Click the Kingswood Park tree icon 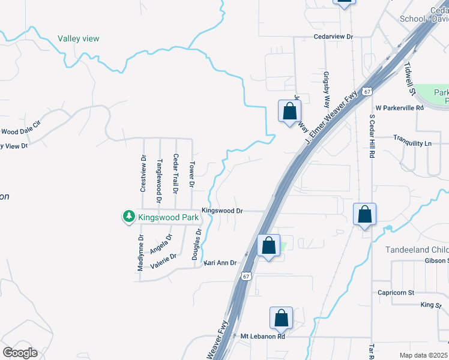tap(128, 215)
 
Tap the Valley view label tap(78, 39)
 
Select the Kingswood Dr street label tap(222, 211)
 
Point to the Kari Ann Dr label tap(221, 263)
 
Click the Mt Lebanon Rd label tap(262, 337)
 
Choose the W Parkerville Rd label tap(400, 108)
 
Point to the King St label tap(430, 305)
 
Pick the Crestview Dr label tap(143, 174)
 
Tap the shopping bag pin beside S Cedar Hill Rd tap(365, 214)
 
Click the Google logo tap(20, 352)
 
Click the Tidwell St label tap(410, 79)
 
